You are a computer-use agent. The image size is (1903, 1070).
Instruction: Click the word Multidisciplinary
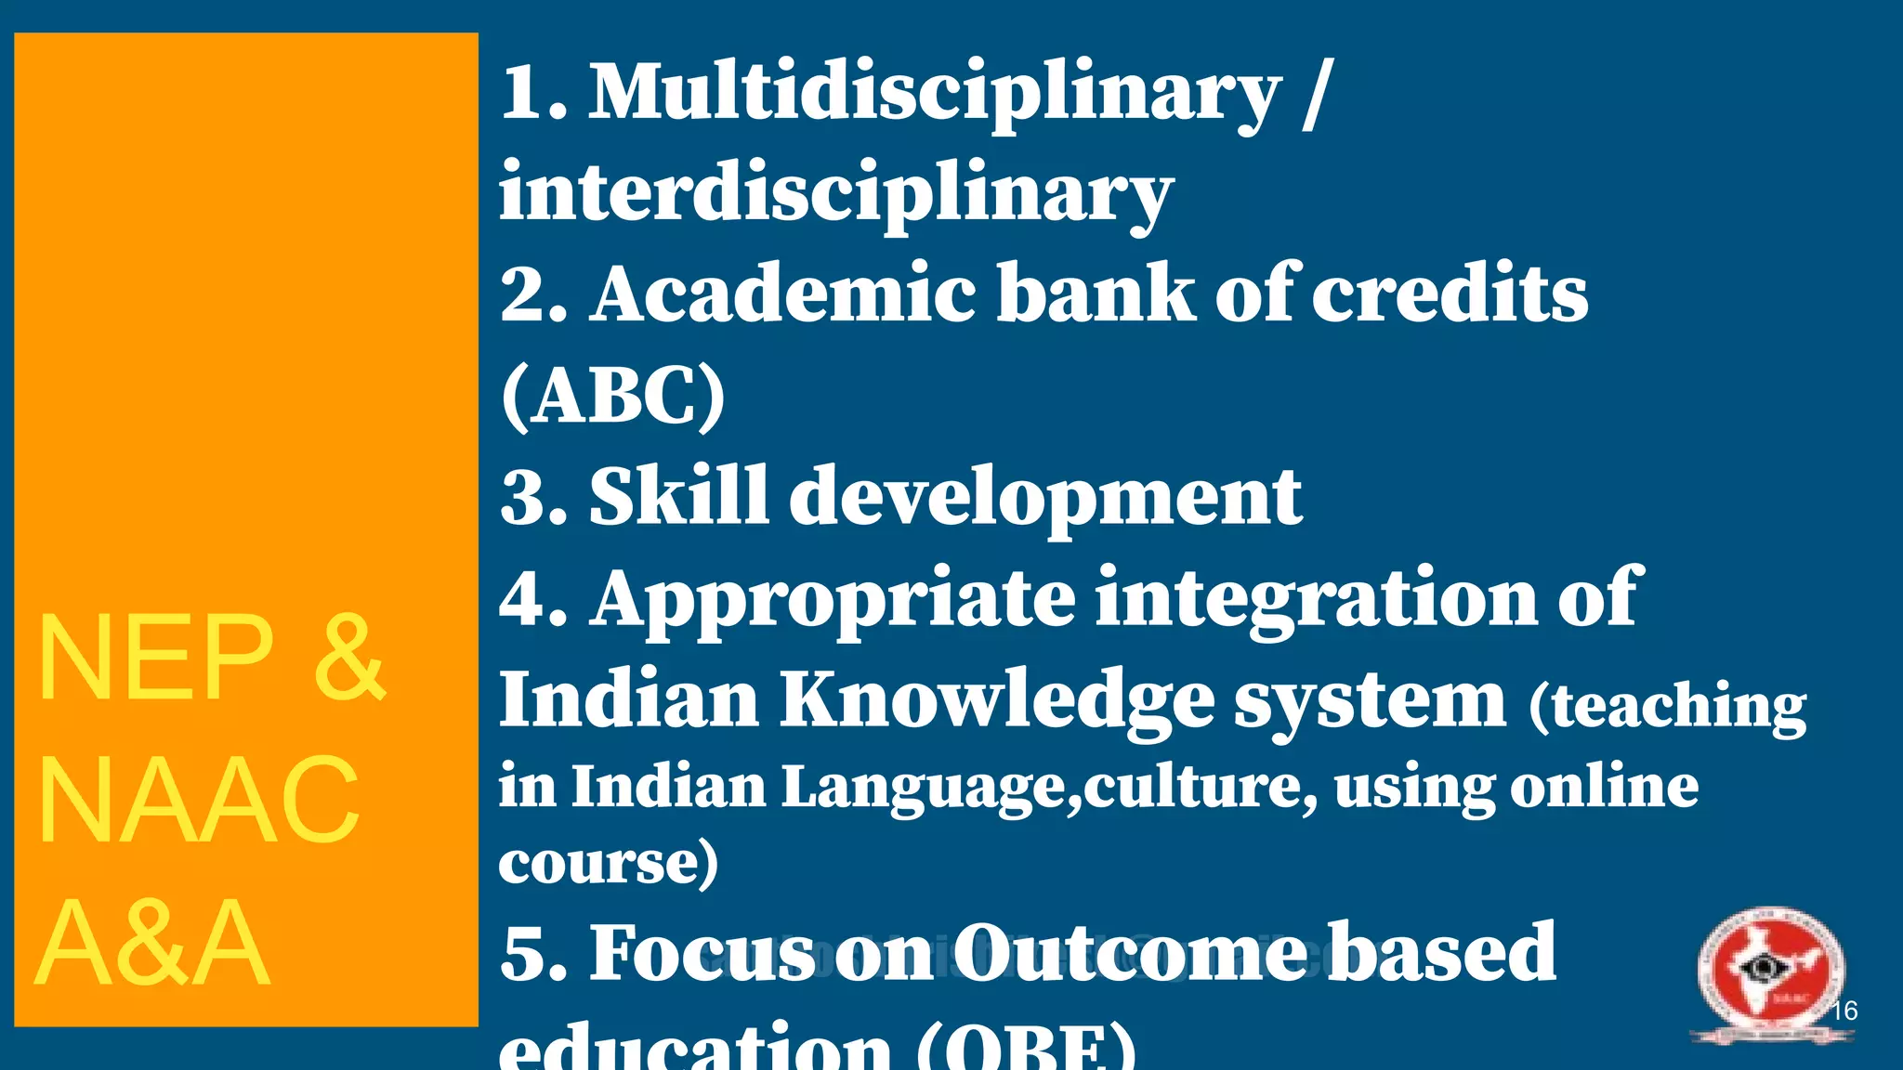point(935,95)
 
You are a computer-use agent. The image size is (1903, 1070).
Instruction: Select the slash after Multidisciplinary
point(1318,95)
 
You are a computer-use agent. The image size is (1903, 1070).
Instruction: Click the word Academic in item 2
point(782,295)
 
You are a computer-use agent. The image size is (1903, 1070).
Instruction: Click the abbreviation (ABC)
point(613,396)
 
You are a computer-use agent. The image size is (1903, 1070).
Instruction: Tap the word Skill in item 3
point(678,496)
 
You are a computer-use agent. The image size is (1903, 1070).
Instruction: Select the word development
point(1045,498)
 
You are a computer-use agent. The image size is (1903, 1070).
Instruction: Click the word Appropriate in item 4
point(833,602)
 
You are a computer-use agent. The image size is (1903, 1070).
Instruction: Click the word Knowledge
point(996,702)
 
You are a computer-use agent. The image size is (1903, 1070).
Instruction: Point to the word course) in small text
point(609,864)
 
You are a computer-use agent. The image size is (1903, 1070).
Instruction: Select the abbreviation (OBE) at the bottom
point(1027,1050)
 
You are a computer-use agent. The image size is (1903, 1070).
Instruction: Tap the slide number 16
point(1844,1011)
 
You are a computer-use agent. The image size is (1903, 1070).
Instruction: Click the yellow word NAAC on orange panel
point(198,801)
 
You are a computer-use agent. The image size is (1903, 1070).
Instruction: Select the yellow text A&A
point(153,944)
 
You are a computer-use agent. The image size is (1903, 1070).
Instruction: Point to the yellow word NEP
point(154,659)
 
